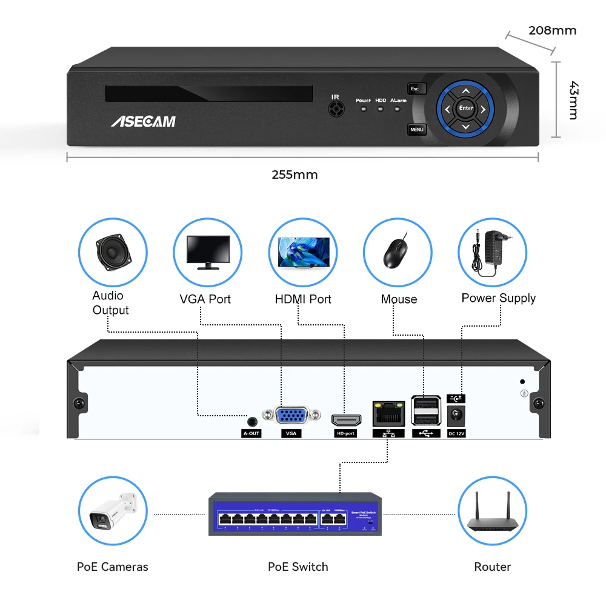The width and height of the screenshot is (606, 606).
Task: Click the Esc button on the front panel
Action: pos(416,89)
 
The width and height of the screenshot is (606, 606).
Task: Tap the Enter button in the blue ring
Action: pos(465,108)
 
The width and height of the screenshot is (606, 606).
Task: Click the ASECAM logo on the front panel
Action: pos(143,121)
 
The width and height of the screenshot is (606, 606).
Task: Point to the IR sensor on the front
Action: pos(335,108)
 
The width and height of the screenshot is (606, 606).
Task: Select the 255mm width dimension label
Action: pos(295,175)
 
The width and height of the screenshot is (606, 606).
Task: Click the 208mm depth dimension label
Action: pos(552,30)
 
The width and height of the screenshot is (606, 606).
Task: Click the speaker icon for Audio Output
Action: pos(113,251)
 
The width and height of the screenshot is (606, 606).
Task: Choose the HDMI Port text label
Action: pos(303,299)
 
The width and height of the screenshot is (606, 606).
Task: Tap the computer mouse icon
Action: pos(397,252)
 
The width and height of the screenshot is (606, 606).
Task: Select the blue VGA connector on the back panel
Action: pos(291,416)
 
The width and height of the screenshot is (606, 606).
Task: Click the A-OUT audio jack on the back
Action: pos(251,421)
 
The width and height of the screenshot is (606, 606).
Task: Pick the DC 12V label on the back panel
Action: pos(456,433)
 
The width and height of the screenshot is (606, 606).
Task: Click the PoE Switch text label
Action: pos(298,567)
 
